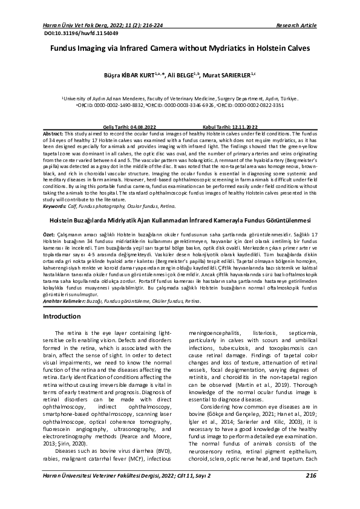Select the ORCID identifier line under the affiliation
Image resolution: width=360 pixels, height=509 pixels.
click(x=180, y=104)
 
